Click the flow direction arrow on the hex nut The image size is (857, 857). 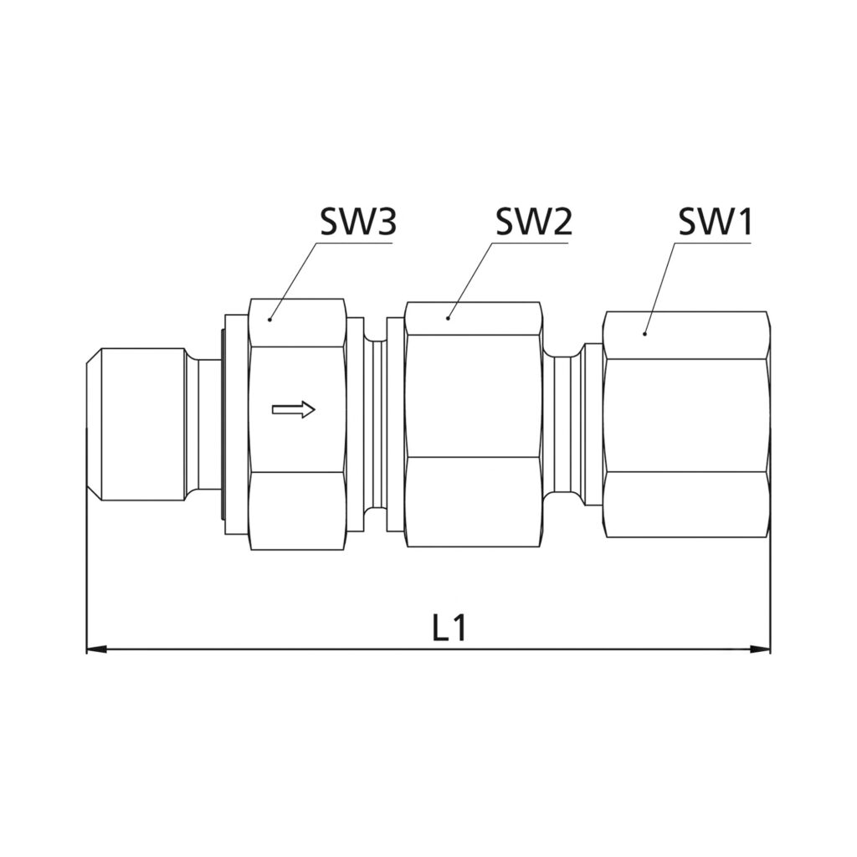(x=294, y=408)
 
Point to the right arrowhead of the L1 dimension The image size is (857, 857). (x=760, y=649)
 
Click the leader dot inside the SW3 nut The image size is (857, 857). (x=270, y=319)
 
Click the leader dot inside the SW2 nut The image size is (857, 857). (x=449, y=317)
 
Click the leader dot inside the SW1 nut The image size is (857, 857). (x=645, y=333)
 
